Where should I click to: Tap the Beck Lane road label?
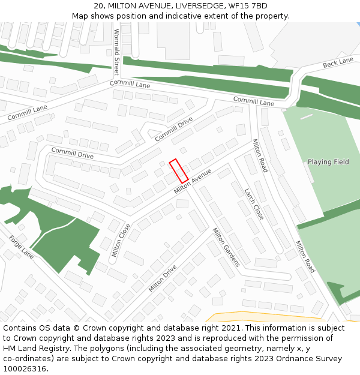[338, 63]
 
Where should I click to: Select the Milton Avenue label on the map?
[193, 181]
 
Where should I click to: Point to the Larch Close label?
[254, 204]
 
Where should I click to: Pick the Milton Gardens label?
[226, 247]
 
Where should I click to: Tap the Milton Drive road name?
[163, 278]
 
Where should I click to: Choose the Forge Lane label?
[22, 247]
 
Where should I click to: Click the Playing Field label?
[328, 162]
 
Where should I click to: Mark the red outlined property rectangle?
[179, 171]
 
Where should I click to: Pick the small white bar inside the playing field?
[307, 116]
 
